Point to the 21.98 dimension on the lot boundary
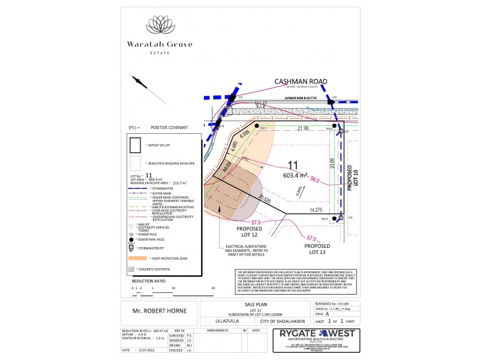click(x=303, y=128)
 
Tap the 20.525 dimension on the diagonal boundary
click(x=265, y=199)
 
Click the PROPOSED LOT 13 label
click(x=317, y=250)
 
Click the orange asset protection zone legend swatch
click(x=133, y=258)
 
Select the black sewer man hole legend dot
click(x=131, y=238)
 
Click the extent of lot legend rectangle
click(x=135, y=145)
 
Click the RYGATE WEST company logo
click(x=314, y=341)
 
